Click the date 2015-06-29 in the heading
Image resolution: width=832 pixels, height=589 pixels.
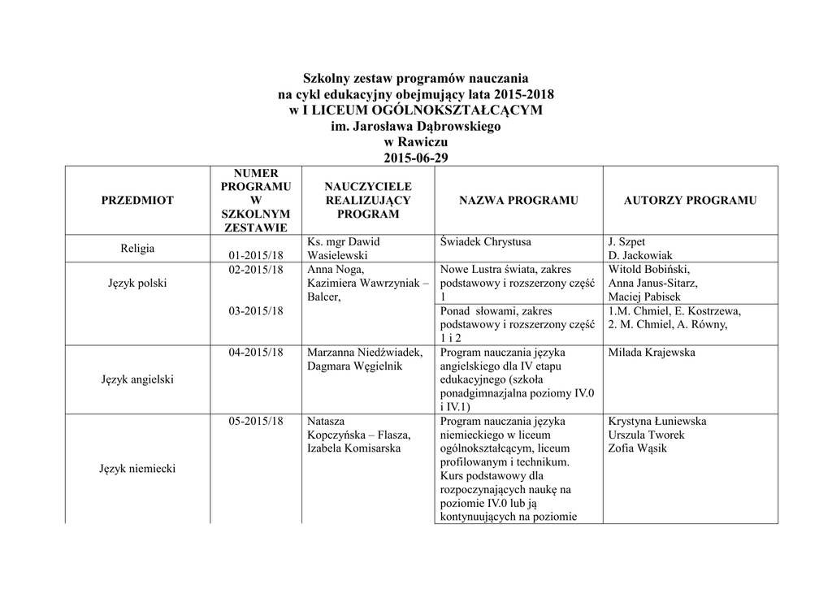click(415, 158)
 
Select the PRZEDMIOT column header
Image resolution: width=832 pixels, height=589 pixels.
click(137, 201)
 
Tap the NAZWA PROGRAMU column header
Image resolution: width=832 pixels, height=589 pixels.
click(518, 201)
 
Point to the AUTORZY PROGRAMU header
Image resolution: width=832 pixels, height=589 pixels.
click(691, 201)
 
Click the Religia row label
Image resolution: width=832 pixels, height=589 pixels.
click(137, 249)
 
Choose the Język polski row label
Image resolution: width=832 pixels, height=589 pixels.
click(137, 284)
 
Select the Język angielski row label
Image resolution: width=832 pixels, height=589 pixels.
click(137, 379)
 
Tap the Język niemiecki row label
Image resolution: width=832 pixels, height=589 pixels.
click(137, 468)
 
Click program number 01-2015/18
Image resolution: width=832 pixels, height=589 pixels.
click(256, 256)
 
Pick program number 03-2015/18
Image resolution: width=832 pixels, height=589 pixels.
click(256, 311)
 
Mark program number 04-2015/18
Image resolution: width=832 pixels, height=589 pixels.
click(256, 353)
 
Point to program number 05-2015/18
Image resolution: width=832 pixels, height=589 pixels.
click(256, 422)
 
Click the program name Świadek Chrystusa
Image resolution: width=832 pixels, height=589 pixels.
click(485, 242)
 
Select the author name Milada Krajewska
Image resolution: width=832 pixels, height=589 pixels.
click(651, 353)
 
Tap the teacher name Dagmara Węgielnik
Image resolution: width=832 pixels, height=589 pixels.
click(354, 366)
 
